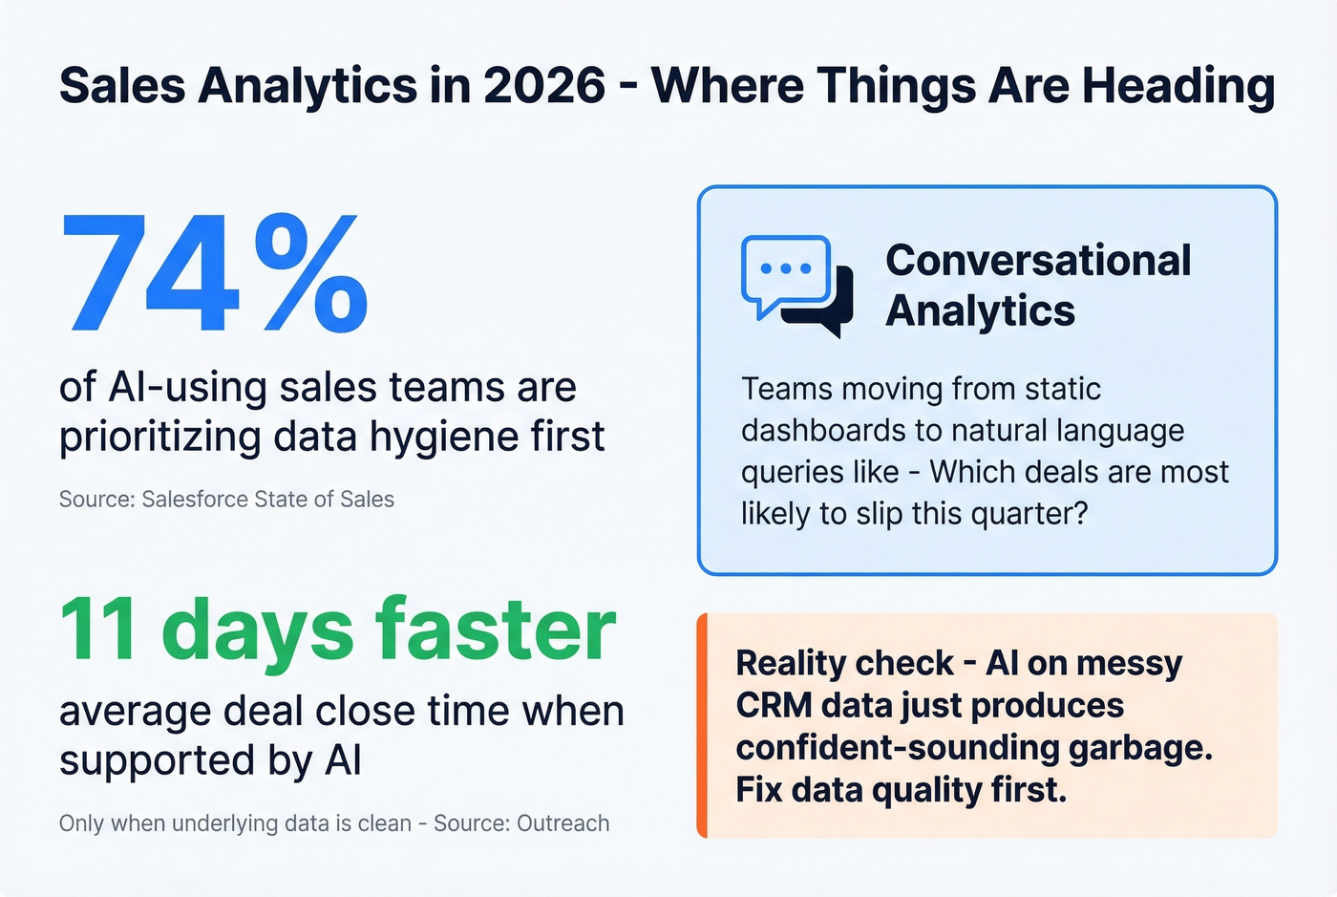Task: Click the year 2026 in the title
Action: [543, 86]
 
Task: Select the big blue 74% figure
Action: [214, 274]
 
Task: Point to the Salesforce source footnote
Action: [226, 500]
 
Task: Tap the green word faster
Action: [495, 630]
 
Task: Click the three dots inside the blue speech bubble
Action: [785, 268]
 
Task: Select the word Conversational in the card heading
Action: [1038, 261]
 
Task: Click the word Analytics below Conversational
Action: [980, 311]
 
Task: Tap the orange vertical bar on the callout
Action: [702, 726]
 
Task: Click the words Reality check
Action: [844, 663]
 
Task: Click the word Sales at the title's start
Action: [122, 86]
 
